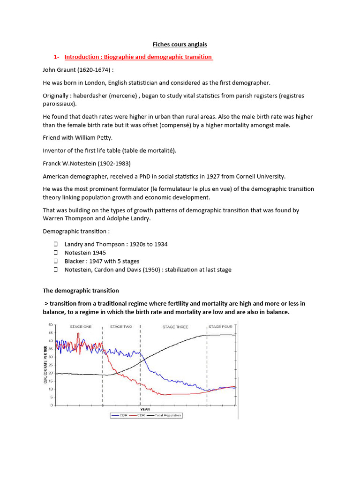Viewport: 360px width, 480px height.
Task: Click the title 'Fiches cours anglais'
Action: (180, 45)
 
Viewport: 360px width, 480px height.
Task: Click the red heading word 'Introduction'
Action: (82, 57)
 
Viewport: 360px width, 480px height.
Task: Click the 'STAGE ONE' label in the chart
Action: (81, 327)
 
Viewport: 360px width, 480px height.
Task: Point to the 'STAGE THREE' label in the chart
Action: (175, 327)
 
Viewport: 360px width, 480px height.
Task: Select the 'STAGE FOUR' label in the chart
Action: (220, 327)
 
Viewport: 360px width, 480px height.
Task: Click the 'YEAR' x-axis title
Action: (145, 409)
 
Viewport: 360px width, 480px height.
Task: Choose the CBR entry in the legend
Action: (120, 415)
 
